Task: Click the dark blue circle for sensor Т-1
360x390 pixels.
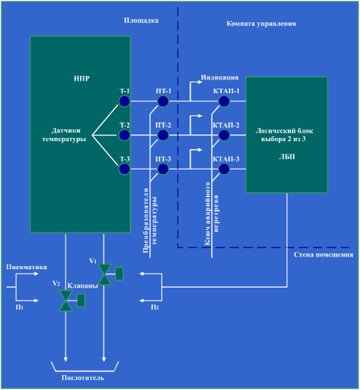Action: pos(124,101)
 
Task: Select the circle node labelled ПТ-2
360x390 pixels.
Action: pos(163,135)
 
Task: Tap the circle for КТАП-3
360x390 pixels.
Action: pos(224,169)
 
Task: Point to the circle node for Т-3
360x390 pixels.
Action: pos(124,169)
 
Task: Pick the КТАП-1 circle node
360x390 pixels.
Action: pos(224,101)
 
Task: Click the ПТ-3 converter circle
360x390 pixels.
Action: pos(163,169)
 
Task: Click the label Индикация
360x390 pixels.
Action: pos(220,77)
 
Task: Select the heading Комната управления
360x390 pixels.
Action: pos(261,24)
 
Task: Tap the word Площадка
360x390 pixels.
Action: pos(141,20)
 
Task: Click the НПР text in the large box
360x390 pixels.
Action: pos(81,79)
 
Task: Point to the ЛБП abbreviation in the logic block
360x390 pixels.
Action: pos(287,157)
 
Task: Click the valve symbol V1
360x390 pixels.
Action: pos(104,274)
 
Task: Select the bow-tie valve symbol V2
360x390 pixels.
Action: pos(66,301)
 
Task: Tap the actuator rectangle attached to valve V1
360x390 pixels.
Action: pos(119,274)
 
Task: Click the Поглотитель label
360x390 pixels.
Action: pos(83,378)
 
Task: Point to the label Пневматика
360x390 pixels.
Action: pos(27,267)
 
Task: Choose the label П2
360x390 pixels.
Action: pos(155,307)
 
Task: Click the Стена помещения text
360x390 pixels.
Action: pos(323,255)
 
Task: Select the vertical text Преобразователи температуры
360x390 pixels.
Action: pos(150,221)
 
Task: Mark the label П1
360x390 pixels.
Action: pos(20,307)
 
